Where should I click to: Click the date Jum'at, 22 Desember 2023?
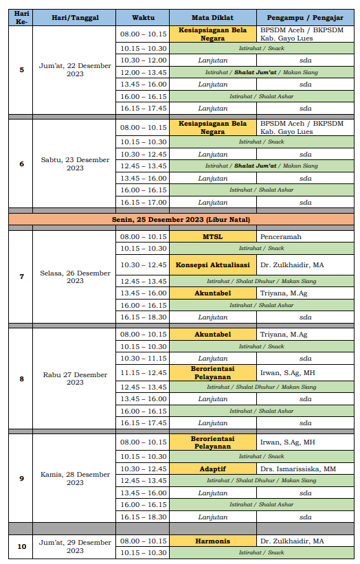(x=75, y=69)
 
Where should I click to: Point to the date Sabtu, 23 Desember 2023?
(x=75, y=163)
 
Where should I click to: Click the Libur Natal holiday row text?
(x=181, y=219)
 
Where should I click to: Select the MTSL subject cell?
(x=212, y=236)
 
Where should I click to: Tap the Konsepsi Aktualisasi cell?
(x=212, y=264)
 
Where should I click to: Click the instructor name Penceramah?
(x=281, y=236)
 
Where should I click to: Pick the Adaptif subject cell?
(x=212, y=469)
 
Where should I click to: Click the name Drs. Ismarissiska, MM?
(x=298, y=469)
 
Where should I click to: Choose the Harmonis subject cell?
(x=212, y=541)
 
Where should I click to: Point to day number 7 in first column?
(x=21, y=276)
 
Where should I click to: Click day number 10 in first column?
(x=21, y=546)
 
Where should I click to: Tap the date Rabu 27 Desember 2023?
(x=75, y=379)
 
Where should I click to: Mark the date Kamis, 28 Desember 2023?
(x=75, y=478)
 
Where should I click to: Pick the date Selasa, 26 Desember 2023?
(x=75, y=276)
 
